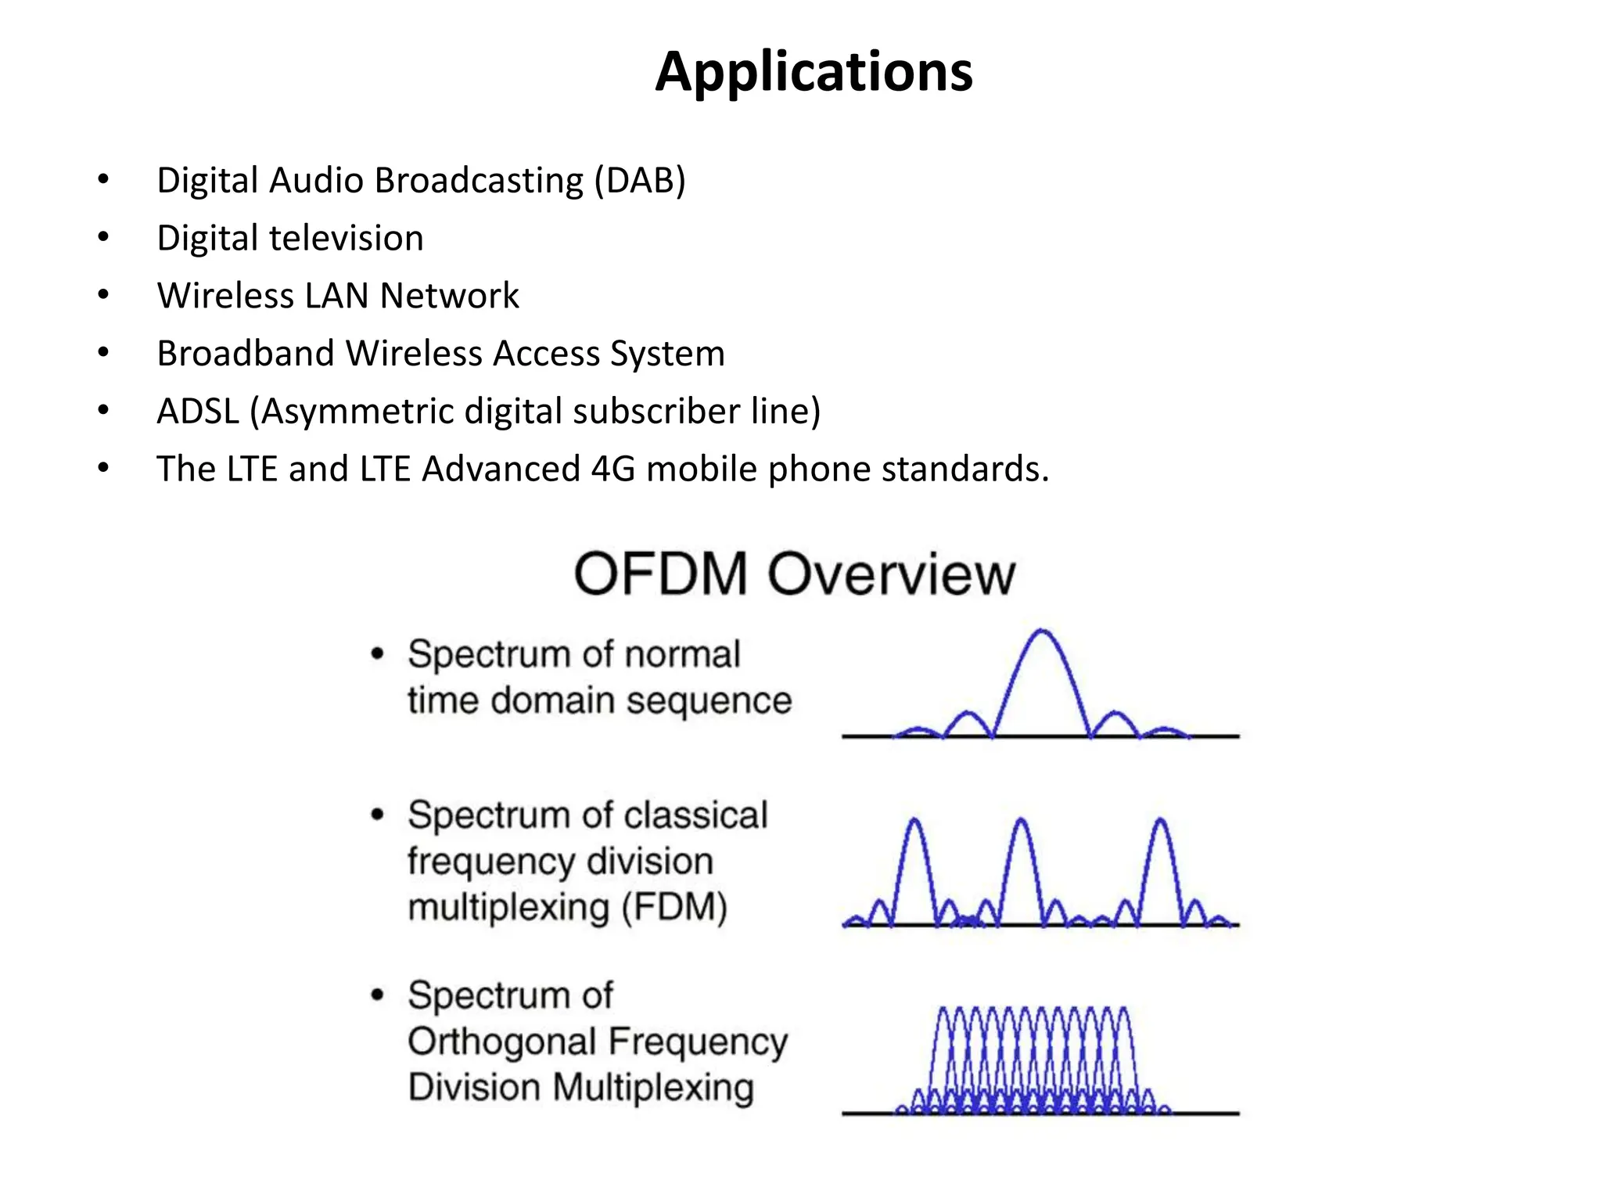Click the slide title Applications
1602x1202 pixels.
tap(814, 72)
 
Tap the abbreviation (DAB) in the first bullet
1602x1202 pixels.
tap(639, 181)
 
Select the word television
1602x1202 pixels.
tap(346, 238)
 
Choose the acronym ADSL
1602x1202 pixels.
tap(198, 412)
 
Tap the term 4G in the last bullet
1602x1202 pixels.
tap(613, 470)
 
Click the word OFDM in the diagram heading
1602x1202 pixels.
tap(661, 574)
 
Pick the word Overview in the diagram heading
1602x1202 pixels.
tap(891, 574)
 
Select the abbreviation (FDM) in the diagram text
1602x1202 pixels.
tap(674, 908)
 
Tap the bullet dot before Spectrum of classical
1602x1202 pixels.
tap(378, 815)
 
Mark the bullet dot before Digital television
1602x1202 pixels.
tap(103, 237)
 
